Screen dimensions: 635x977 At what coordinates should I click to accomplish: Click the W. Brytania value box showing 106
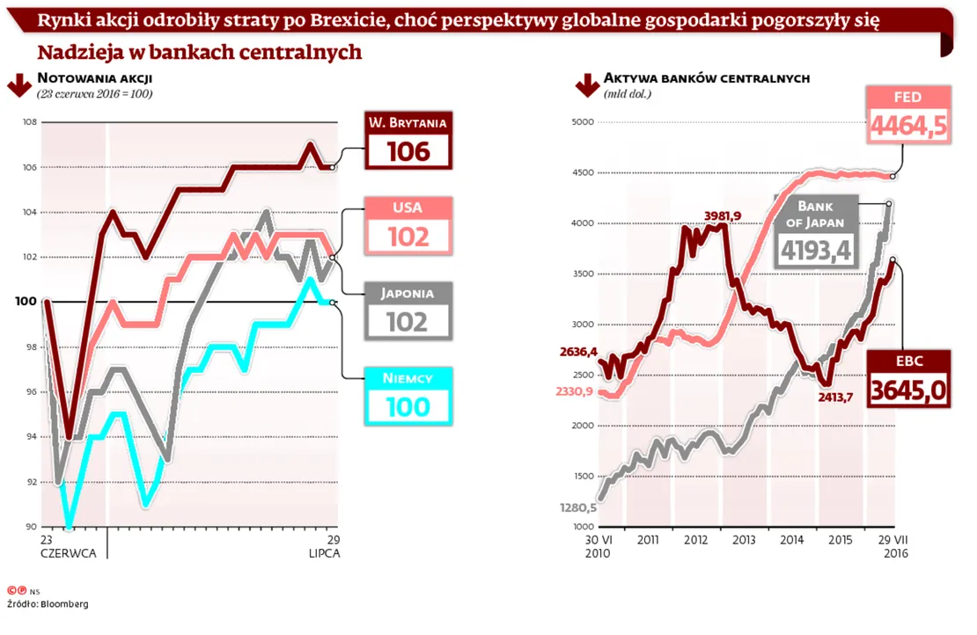(408, 151)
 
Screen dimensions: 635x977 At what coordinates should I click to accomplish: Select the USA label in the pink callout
(408, 208)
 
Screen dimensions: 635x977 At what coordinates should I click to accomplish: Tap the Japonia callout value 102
(408, 322)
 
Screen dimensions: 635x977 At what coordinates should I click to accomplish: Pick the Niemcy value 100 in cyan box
(408, 406)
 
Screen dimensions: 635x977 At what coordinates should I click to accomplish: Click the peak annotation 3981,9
(723, 215)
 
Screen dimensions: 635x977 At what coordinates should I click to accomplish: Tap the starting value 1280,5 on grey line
(577, 507)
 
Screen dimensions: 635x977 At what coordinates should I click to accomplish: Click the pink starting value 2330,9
(575, 391)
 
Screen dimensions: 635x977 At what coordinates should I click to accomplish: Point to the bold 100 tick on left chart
(26, 302)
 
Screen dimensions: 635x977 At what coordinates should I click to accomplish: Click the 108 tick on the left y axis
(29, 121)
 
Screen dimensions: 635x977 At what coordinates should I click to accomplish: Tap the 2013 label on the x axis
(743, 540)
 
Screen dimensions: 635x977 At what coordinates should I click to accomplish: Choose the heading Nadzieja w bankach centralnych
(200, 52)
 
